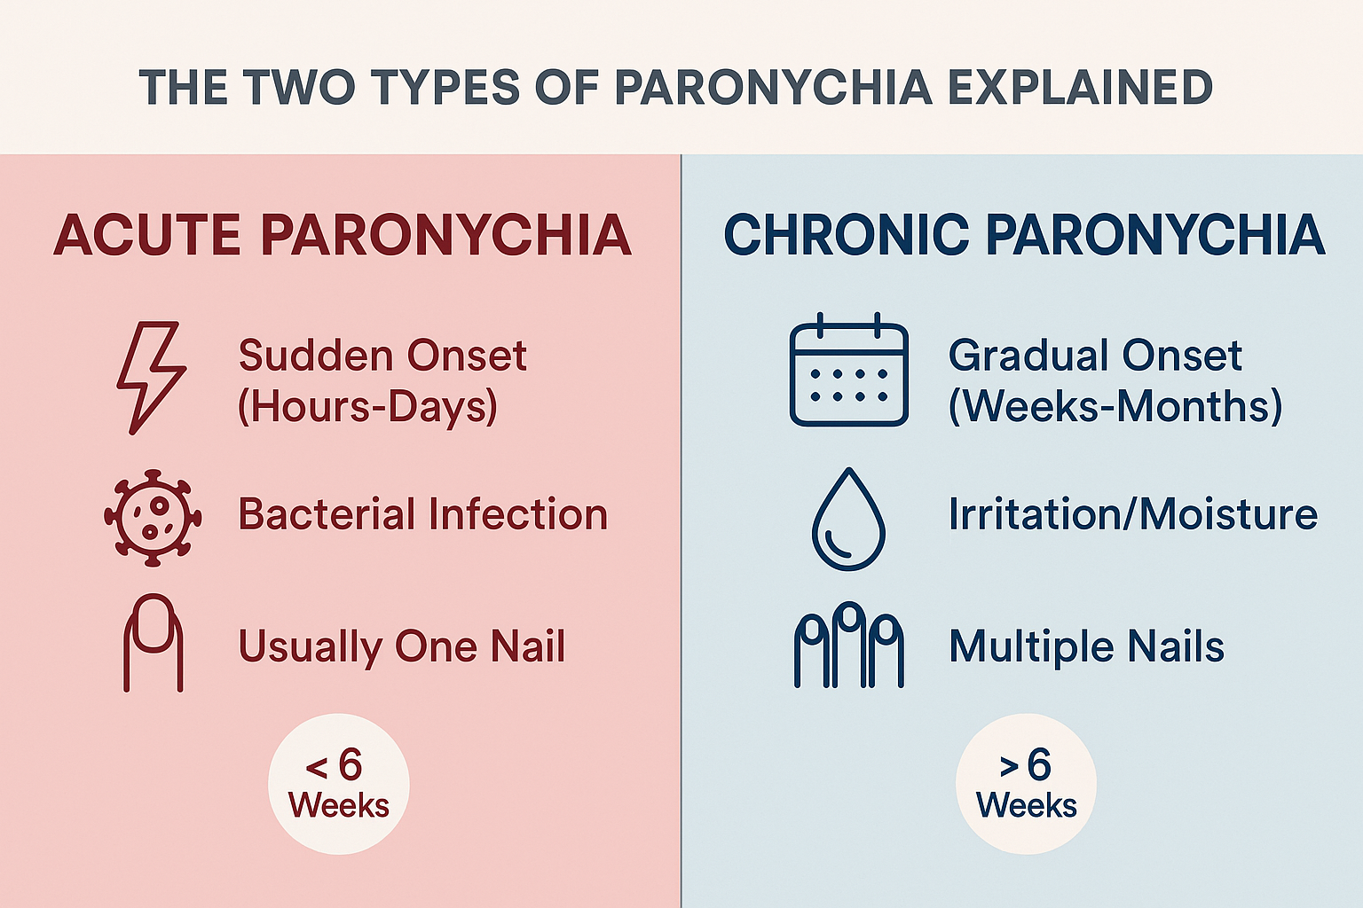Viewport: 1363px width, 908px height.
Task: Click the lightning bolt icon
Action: (x=152, y=377)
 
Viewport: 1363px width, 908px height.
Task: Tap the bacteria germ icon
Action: (x=153, y=517)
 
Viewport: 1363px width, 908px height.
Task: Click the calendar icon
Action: (x=848, y=371)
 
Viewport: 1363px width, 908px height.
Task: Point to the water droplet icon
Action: (x=848, y=520)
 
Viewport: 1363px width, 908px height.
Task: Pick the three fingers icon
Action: (x=848, y=645)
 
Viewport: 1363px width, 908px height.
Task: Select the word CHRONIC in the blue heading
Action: (x=845, y=235)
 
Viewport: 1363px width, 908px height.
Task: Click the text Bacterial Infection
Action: (x=422, y=514)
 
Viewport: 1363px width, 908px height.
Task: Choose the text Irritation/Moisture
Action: (x=1132, y=514)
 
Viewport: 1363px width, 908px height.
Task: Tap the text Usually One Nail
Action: (x=401, y=646)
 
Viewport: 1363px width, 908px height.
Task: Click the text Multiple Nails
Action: (x=1086, y=646)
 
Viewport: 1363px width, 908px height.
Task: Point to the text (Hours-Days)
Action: (x=367, y=406)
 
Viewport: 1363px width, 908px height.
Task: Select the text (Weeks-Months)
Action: (x=1115, y=406)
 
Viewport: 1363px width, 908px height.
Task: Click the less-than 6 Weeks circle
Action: (x=339, y=784)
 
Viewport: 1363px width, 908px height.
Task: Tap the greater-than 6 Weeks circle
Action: (x=1026, y=784)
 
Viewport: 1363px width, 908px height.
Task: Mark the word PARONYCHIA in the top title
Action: (x=773, y=88)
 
